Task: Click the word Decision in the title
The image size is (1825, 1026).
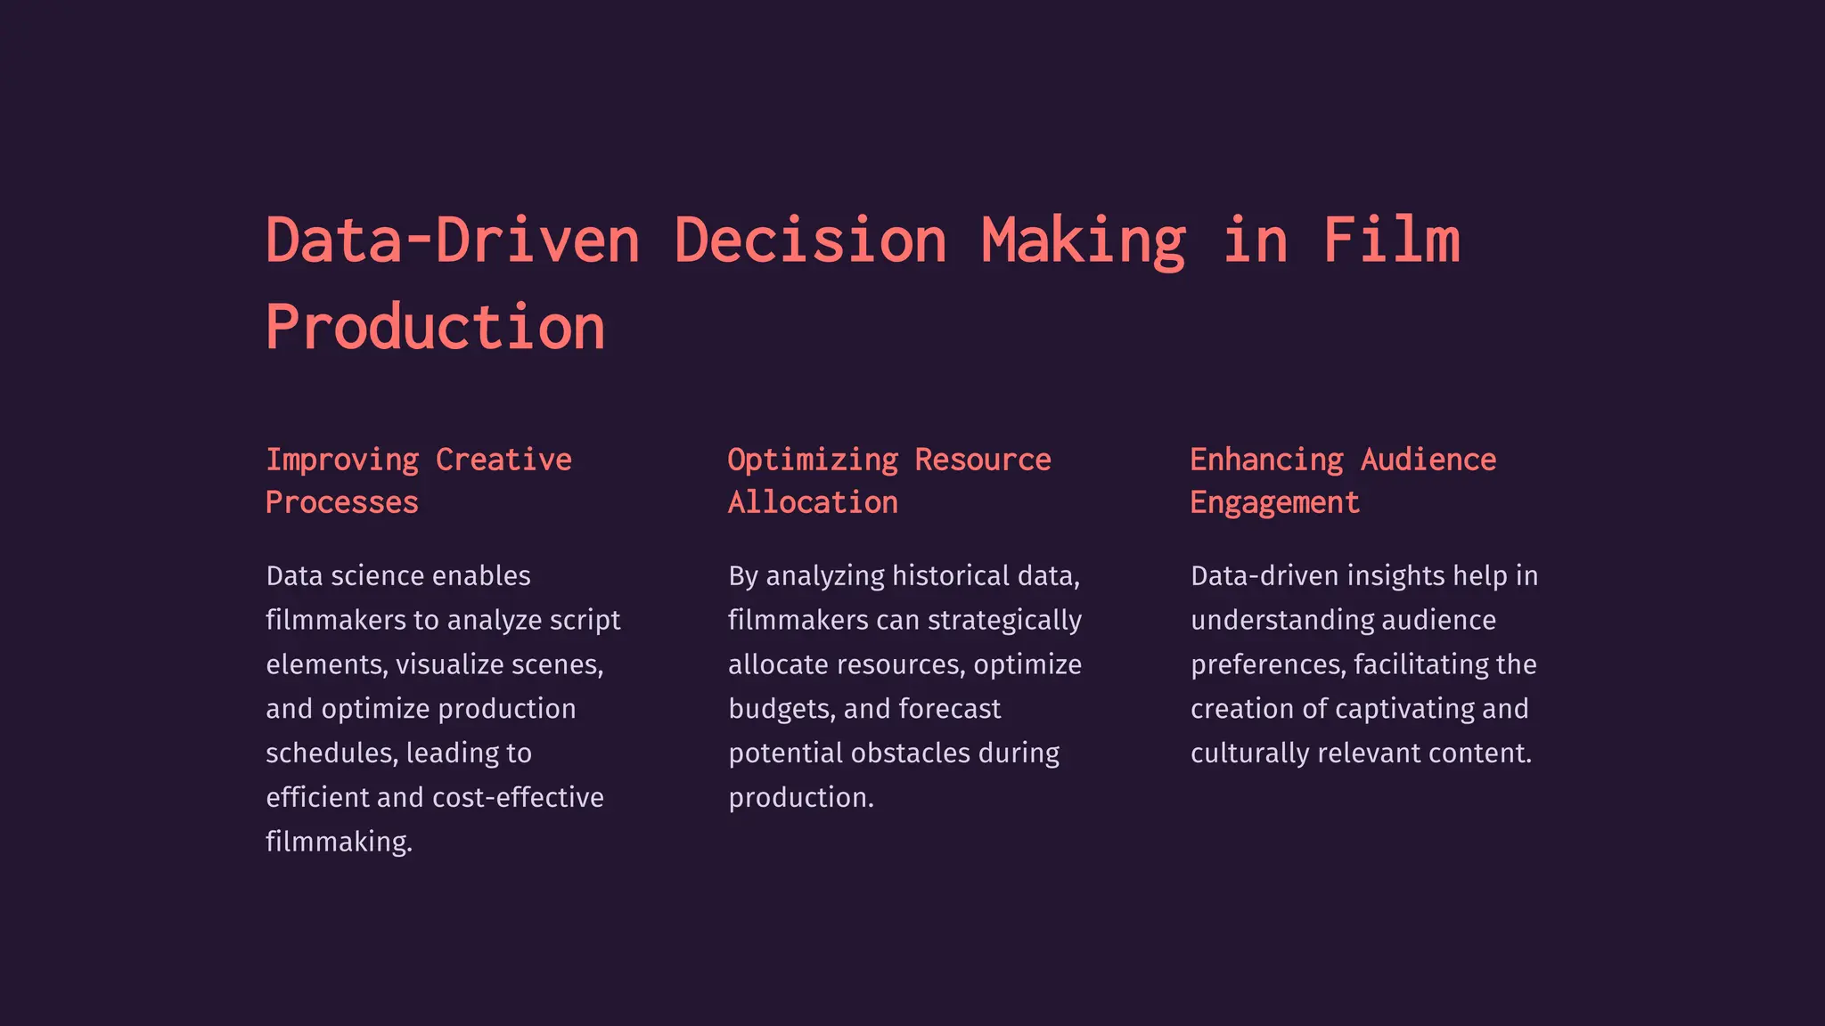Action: [810, 240]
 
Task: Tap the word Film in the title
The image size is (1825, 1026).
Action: [1391, 240]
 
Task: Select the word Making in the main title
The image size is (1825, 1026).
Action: [1084, 240]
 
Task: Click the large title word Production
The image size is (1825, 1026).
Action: [436, 327]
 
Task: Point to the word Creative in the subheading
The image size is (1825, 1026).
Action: [503, 460]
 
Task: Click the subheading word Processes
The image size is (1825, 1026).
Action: [342, 502]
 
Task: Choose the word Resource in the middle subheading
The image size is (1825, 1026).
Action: [983, 460]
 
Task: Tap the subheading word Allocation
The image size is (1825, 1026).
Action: [813, 502]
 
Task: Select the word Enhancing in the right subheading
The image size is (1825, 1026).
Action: [1266, 460]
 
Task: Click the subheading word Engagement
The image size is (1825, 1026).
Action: [1275, 502]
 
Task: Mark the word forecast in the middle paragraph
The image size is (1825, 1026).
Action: [950, 709]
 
